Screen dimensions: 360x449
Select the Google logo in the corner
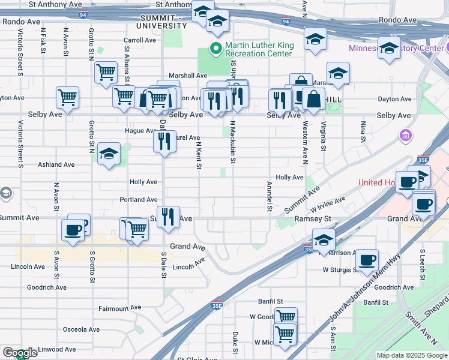click(x=19, y=353)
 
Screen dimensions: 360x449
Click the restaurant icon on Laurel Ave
click(x=163, y=141)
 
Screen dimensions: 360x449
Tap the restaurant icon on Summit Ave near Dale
click(x=170, y=216)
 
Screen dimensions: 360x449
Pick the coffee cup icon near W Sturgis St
click(x=367, y=260)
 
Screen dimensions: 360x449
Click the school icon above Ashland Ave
click(x=109, y=154)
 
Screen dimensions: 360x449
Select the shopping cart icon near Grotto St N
click(x=106, y=73)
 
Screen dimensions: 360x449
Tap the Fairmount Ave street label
click(x=120, y=308)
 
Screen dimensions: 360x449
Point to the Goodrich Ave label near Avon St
click(x=47, y=287)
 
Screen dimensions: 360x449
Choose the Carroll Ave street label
click(x=140, y=40)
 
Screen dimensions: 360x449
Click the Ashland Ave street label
click(x=56, y=164)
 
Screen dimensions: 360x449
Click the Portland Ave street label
click(x=138, y=199)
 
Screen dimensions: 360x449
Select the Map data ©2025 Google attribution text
click(x=412, y=355)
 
